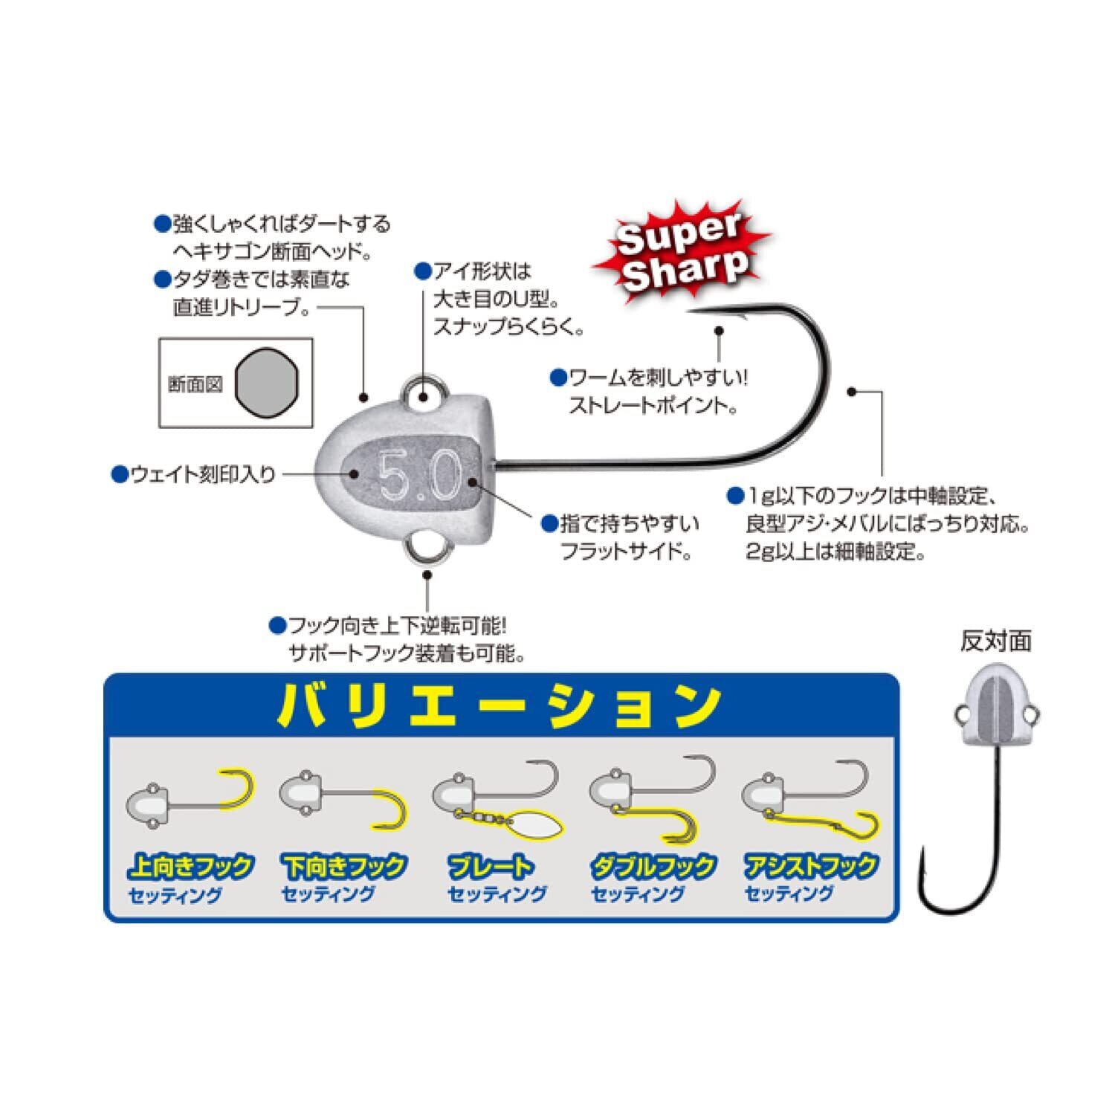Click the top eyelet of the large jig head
426,393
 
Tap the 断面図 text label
195,385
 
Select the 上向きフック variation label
191,866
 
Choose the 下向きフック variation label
344,866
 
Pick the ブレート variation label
491,866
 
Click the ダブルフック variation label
653,866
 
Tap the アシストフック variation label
811,866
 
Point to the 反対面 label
996,641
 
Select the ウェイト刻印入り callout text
203,474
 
